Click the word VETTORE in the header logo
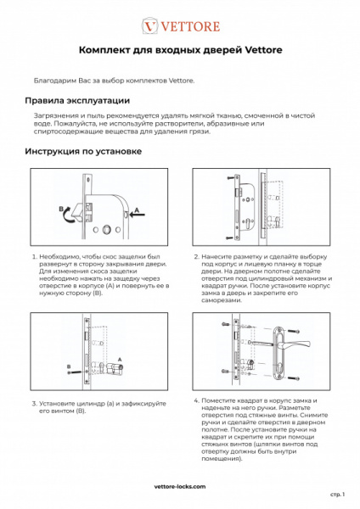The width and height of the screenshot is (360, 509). coord(188,25)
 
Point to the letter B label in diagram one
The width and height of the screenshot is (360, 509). coord(61,208)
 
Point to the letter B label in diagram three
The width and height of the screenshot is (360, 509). coord(67,365)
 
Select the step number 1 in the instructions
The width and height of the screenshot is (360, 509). coord(34,255)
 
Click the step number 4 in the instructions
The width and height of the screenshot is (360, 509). coord(196,400)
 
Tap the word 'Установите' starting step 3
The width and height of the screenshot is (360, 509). coord(61,404)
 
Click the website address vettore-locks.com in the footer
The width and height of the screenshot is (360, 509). coord(179,488)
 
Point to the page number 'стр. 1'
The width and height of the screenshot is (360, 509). coord(336,494)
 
